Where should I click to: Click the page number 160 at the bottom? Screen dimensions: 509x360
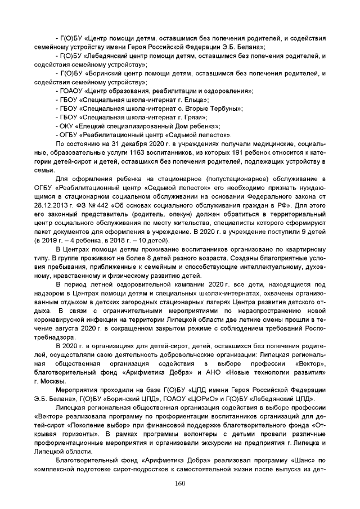click(x=180, y=483)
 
